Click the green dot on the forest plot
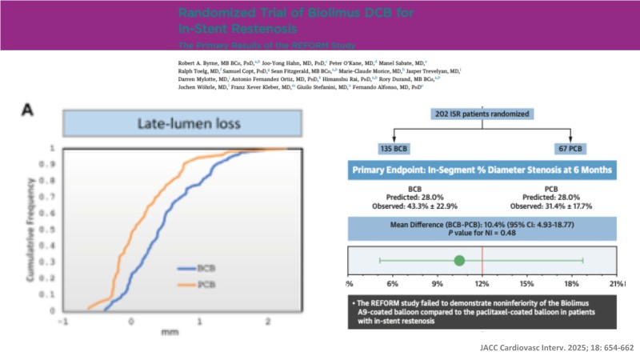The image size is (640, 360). tap(459, 260)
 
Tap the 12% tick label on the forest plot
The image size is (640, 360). tap(482, 286)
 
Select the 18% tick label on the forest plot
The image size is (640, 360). tap(572, 286)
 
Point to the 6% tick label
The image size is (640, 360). tap(393, 286)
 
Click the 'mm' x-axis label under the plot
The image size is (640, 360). tap(166, 328)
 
